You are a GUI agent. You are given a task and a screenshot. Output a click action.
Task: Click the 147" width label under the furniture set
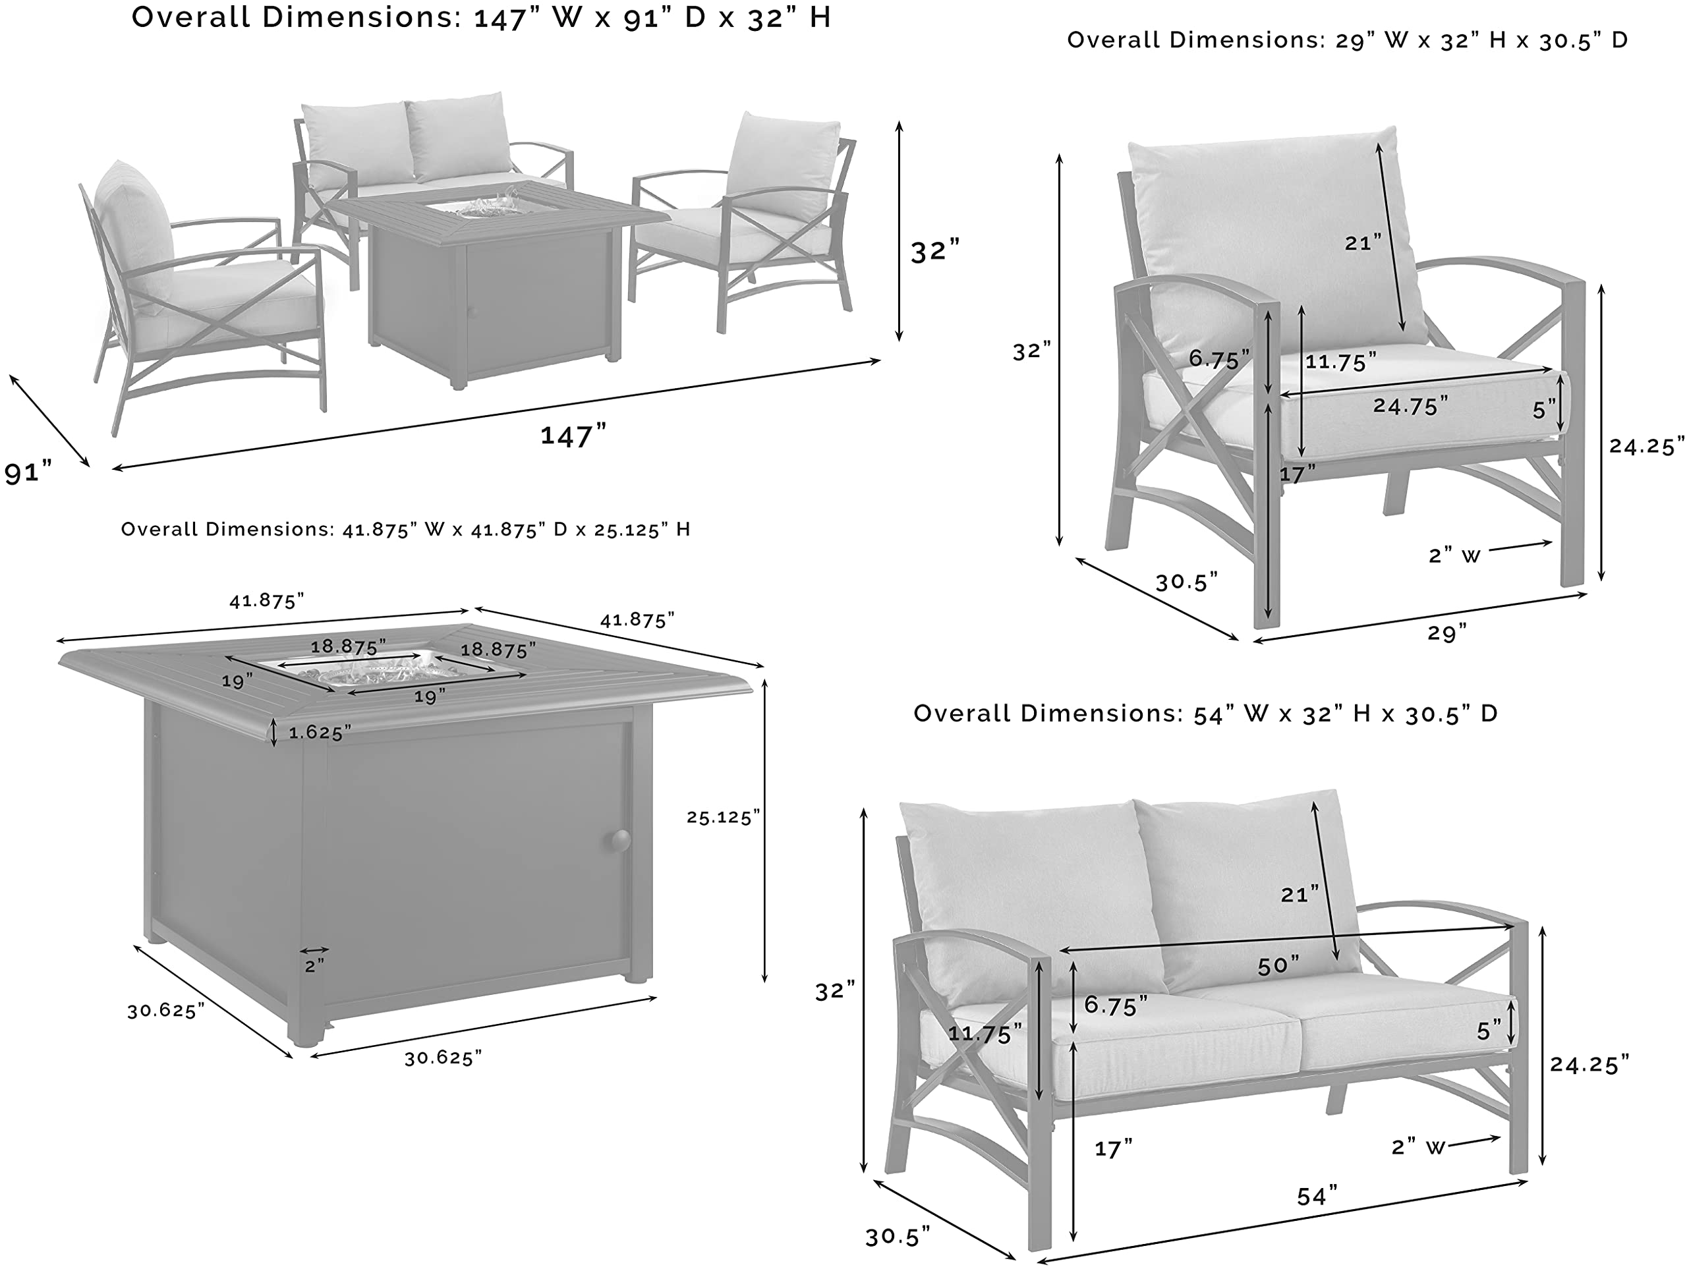pyautogui.click(x=573, y=436)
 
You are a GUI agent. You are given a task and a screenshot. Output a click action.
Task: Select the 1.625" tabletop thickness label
pyautogui.click(x=320, y=733)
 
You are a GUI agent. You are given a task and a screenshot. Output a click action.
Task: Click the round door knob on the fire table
pyautogui.click(x=619, y=840)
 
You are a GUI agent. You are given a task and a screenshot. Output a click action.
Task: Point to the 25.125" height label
pyautogui.click(x=723, y=817)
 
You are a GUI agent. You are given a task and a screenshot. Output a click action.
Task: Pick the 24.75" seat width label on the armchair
pyautogui.click(x=1410, y=406)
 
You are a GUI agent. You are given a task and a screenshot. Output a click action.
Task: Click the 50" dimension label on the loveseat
pyautogui.click(x=1278, y=966)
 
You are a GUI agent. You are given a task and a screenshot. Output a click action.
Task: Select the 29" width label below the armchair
pyautogui.click(x=1446, y=633)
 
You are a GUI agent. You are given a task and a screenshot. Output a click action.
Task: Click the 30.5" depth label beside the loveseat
pyautogui.click(x=898, y=1237)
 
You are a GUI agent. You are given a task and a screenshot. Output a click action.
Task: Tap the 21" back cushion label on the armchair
pyautogui.click(x=1363, y=243)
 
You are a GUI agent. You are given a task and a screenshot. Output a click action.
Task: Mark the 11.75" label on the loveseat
pyautogui.click(x=985, y=1034)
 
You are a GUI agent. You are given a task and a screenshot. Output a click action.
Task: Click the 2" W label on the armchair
pyautogui.click(x=1454, y=555)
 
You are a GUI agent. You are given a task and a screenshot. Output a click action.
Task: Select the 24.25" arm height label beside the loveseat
pyautogui.click(x=1589, y=1064)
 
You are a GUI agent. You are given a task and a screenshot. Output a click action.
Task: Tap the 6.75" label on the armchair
pyautogui.click(x=1218, y=359)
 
